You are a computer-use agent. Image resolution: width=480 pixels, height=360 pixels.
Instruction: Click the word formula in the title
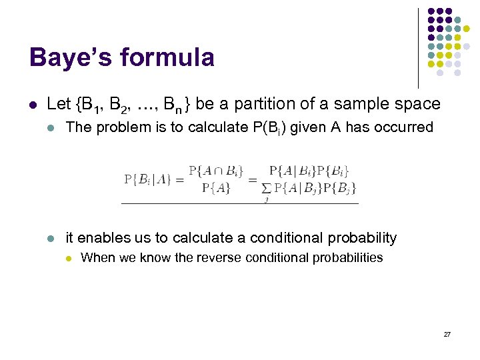pos(168,57)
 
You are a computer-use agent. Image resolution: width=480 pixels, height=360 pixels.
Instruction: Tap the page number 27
pos(447,333)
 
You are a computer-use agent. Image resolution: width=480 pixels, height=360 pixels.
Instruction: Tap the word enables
pos(101,238)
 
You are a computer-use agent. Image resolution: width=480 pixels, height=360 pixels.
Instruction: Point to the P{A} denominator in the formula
pos(216,187)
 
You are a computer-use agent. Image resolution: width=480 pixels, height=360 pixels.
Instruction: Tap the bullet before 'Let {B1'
pos(33,105)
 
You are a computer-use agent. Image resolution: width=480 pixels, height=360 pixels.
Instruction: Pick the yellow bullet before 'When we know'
pos(67,258)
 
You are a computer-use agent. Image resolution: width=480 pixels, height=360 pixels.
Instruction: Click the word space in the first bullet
pos(418,104)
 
